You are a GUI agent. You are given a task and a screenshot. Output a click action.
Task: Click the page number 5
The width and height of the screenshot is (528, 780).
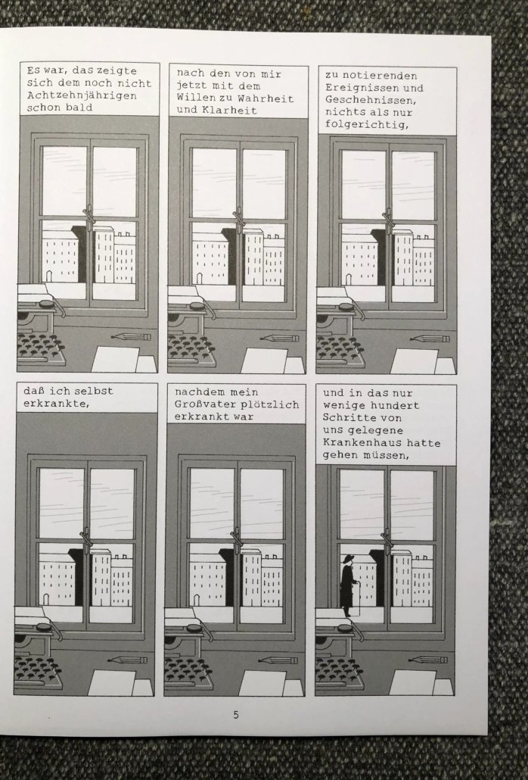pos(236,715)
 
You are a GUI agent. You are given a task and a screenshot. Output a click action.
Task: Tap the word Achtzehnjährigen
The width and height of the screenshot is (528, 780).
pos(82,95)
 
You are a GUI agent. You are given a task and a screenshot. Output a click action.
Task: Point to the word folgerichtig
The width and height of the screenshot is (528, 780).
pos(367,124)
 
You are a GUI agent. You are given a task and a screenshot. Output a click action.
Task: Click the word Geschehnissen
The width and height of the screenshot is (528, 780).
pos(371,100)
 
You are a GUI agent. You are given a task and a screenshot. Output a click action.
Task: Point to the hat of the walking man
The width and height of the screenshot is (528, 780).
pos(346,557)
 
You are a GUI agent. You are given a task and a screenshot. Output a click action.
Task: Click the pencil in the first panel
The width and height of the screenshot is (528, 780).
pos(131,337)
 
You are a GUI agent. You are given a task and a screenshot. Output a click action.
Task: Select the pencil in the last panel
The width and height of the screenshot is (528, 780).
pos(427,660)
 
